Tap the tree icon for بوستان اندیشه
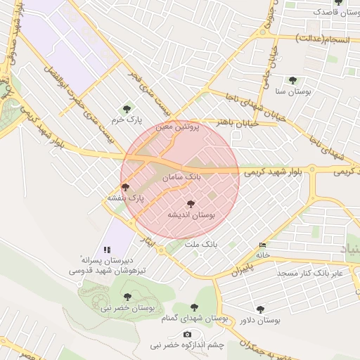(x=191, y=203)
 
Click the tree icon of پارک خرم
(x=127, y=108)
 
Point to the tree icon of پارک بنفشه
(x=125, y=187)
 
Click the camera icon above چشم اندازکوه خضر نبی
(x=187, y=334)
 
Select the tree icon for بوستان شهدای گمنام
(x=194, y=307)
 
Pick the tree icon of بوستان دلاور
(x=260, y=309)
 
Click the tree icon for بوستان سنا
(x=292, y=80)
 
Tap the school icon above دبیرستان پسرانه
(x=107, y=250)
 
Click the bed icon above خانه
(x=263, y=245)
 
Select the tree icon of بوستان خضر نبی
(x=127, y=297)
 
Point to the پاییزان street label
(x=241, y=268)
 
